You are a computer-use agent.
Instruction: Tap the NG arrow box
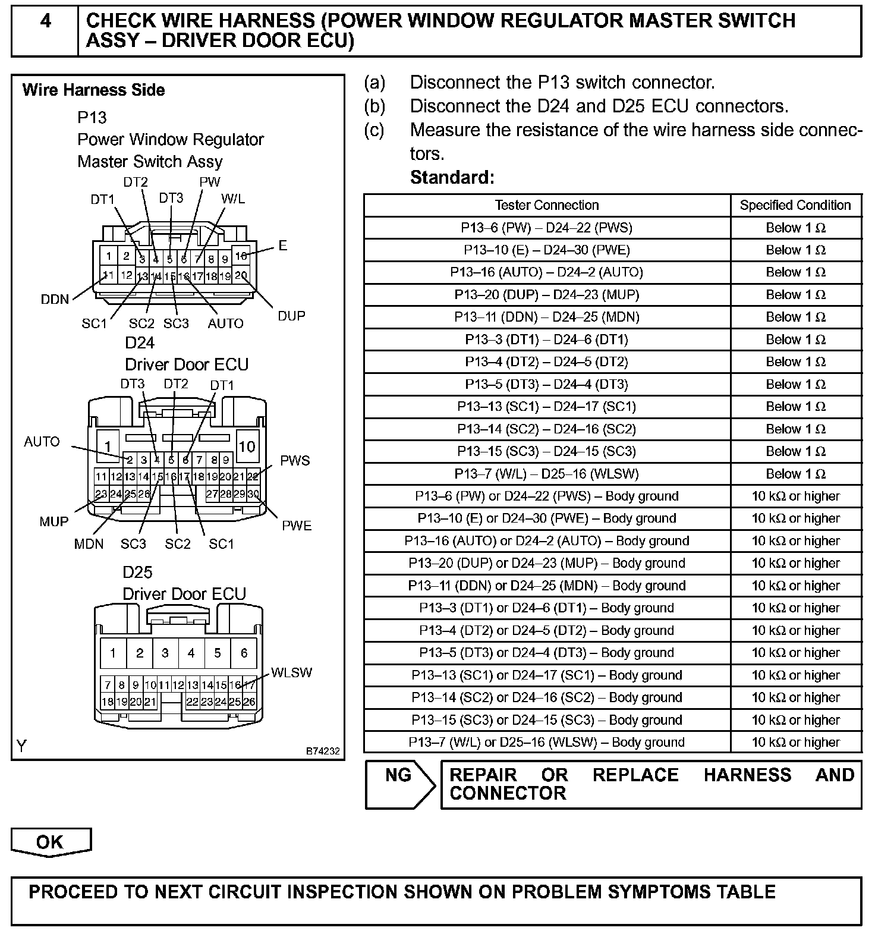[x=399, y=784]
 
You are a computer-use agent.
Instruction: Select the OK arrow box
[x=51, y=842]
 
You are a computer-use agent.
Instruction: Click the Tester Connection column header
[x=547, y=205]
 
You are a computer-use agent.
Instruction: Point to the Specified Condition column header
[x=795, y=205]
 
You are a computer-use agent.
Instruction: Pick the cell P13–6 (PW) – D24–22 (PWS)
[x=547, y=228]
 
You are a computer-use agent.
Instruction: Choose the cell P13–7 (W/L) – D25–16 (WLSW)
[x=547, y=474]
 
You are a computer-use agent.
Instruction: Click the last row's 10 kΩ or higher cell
[x=795, y=742]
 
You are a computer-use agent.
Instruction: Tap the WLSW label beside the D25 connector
[x=291, y=672]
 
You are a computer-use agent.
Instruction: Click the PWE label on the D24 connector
[x=296, y=526]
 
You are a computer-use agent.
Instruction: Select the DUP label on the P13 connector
[x=291, y=316]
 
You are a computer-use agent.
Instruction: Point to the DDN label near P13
[x=55, y=299]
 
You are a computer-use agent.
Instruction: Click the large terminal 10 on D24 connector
[x=247, y=446]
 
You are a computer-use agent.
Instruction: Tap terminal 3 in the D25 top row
[x=165, y=653]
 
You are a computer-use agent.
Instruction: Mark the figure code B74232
[x=323, y=752]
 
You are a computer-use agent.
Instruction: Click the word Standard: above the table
[x=452, y=177]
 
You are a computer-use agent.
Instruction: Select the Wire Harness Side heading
[x=93, y=90]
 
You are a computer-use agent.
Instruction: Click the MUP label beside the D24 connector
[x=53, y=521]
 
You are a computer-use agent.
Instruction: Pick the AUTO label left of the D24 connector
[x=42, y=442]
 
